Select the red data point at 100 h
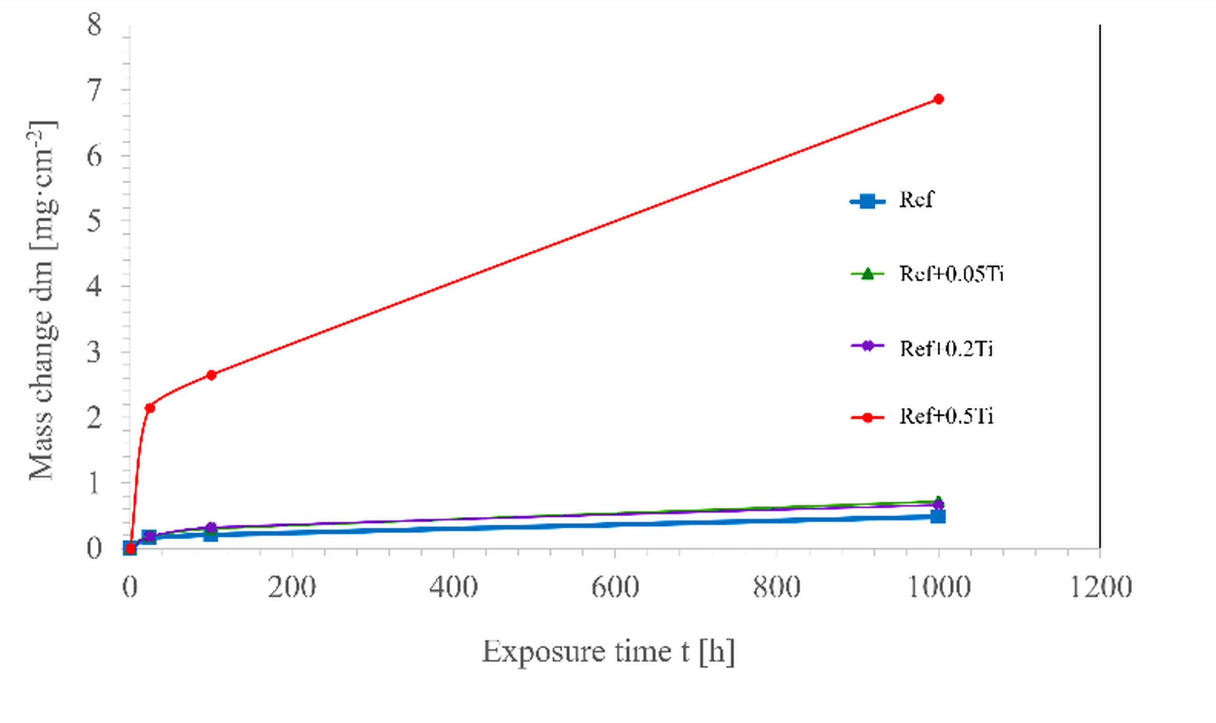pos(211,375)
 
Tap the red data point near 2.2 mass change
pos(150,407)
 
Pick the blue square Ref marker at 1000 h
pos(938,516)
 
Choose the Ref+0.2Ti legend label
pos(946,349)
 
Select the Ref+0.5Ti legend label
pos(946,417)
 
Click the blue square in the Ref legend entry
pos(867,201)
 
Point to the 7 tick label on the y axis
pos(94,91)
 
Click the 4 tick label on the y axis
pos(94,287)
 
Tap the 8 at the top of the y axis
pos(94,24)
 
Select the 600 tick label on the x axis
pos(615,587)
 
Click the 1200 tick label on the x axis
pos(1100,587)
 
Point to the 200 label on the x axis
pos(292,587)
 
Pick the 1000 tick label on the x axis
pos(938,587)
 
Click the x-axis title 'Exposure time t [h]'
pos(608,652)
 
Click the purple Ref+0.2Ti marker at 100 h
pos(211,528)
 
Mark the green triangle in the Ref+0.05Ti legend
pos(867,274)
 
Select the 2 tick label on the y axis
pos(94,418)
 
